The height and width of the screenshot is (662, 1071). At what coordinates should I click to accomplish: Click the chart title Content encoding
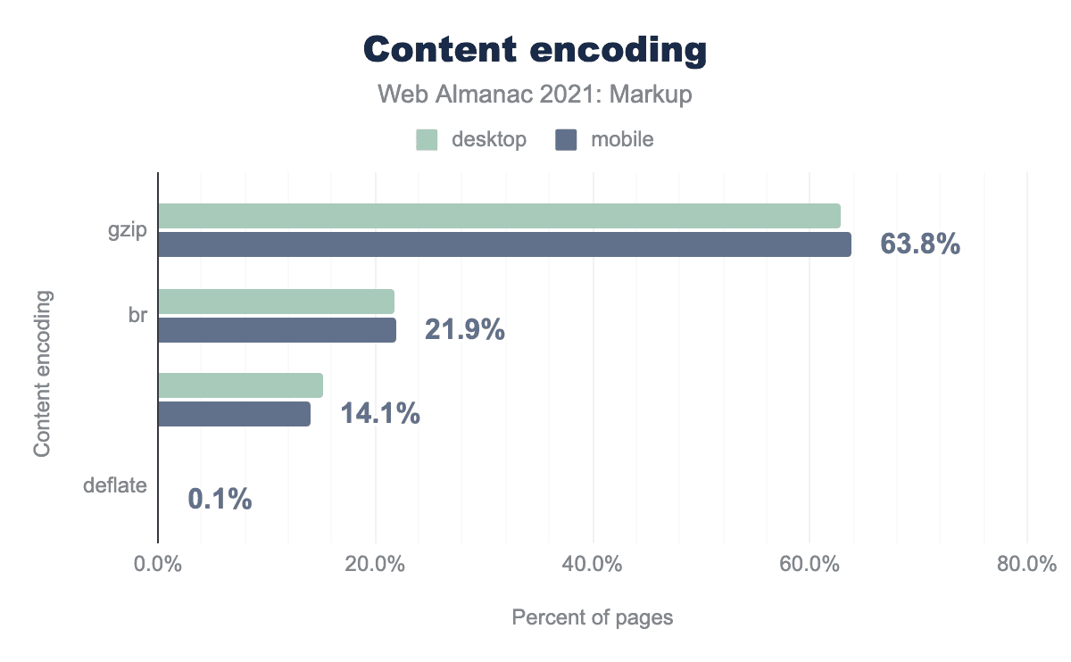[x=535, y=50]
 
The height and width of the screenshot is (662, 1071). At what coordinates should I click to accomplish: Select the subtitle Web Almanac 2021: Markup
[x=535, y=95]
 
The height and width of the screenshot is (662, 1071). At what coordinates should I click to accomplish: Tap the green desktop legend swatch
[x=427, y=140]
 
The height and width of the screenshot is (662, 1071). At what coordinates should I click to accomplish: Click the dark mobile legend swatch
[x=567, y=140]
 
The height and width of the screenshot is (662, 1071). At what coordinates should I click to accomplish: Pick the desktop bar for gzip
[x=499, y=216]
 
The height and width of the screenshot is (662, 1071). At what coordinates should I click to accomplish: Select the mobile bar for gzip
[x=504, y=244]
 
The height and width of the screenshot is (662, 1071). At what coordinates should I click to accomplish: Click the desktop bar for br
[x=276, y=302]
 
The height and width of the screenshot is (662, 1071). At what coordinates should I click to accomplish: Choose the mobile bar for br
[x=277, y=330]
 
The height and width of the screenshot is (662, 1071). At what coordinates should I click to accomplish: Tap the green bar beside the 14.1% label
[x=240, y=385]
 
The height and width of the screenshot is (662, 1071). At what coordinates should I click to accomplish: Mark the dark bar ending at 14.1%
[x=234, y=414]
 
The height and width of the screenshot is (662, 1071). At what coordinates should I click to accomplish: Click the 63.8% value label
[x=919, y=244]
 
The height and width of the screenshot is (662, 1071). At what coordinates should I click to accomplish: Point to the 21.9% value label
[x=464, y=331]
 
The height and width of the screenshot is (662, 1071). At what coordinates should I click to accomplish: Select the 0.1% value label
[x=220, y=500]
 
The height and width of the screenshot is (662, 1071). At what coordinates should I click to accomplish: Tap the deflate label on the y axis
[x=114, y=486]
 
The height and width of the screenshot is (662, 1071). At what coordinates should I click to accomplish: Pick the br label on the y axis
[x=137, y=316]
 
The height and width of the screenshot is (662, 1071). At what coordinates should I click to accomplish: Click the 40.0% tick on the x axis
[x=593, y=566]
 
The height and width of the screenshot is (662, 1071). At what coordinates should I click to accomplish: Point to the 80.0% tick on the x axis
[x=1026, y=566]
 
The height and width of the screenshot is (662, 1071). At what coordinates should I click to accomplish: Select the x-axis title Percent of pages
[x=592, y=617]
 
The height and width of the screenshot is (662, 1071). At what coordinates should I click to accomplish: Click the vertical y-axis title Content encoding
[x=42, y=372]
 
